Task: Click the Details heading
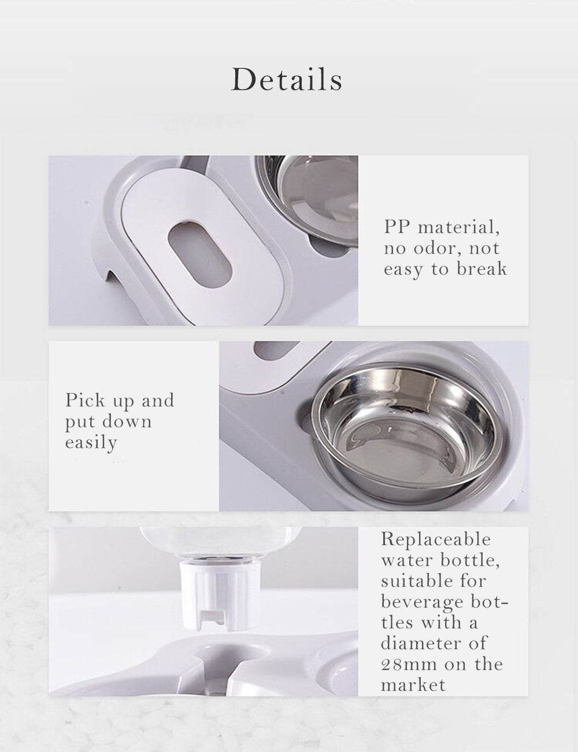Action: (x=287, y=79)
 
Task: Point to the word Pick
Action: (x=85, y=401)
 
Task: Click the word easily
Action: (x=91, y=443)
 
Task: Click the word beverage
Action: (x=422, y=602)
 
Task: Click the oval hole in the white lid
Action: (x=199, y=255)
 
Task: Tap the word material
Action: (x=459, y=228)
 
